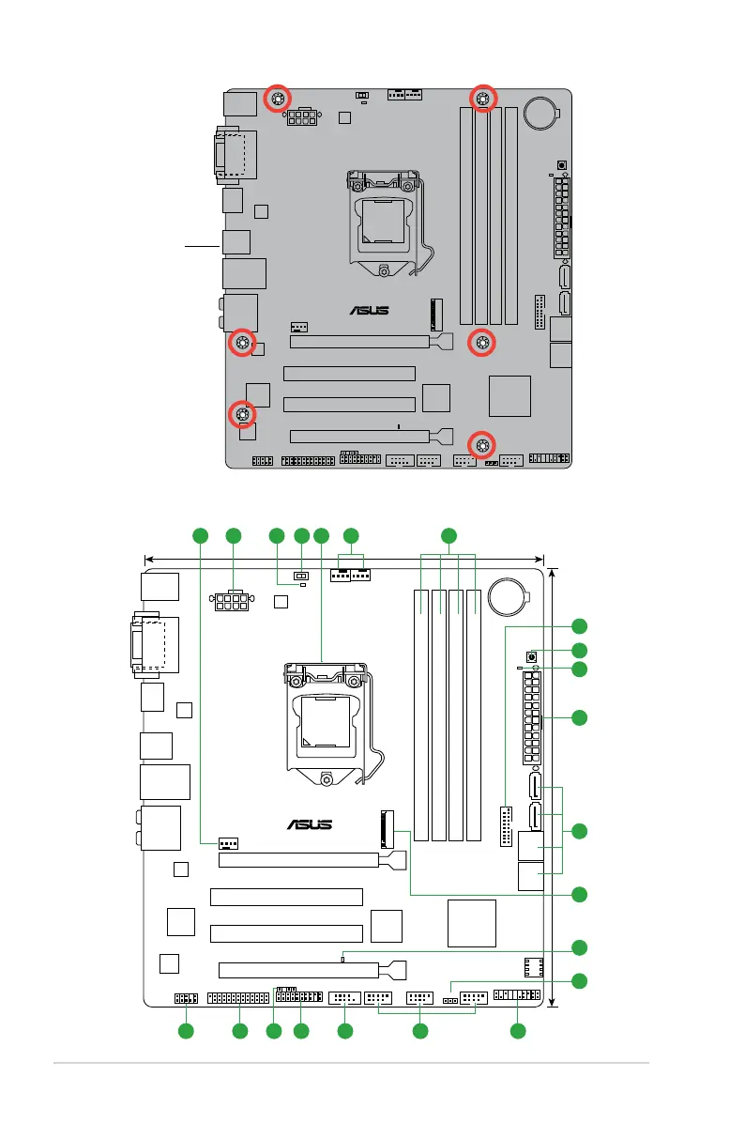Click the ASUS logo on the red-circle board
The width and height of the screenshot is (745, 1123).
tap(370, 311)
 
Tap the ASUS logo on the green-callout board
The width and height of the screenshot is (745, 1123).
tap(309, 825)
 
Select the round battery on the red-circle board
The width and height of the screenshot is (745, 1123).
tap(540, 114)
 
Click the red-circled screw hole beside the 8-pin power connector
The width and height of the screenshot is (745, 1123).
tap(279, 99)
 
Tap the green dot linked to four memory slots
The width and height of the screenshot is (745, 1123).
tap(449, 536)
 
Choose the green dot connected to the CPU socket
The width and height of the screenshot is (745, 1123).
tap(322, 536)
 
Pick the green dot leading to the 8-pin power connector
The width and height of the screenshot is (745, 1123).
tap(233, 536)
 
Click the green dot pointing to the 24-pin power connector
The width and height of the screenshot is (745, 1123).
tap(580, 718)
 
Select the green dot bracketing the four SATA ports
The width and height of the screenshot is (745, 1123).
tap(580, 831)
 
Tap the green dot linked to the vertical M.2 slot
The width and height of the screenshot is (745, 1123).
tap(580, 893)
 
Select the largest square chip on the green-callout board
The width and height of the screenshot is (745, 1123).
tap(471, 922)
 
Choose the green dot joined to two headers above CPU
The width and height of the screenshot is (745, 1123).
tap(351, 536)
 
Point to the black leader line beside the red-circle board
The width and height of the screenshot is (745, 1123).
tap(202, 247)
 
